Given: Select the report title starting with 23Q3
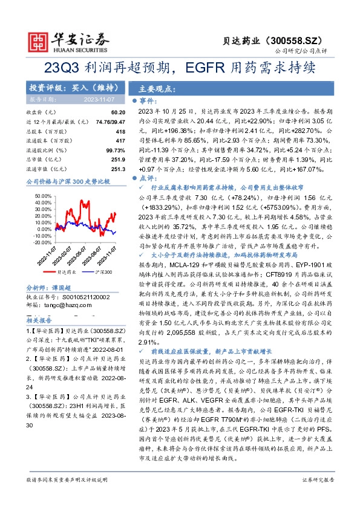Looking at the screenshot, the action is point(180,67).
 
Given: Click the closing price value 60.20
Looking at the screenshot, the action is point(118,112).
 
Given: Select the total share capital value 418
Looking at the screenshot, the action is point(120,131).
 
